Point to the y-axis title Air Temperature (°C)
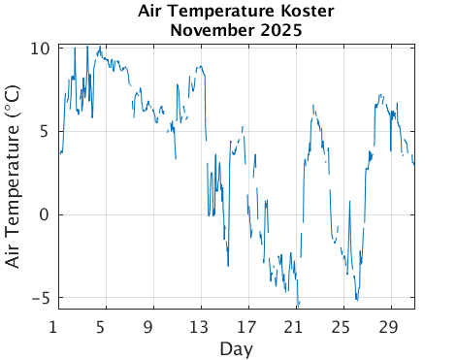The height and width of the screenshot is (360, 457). coord(14,178)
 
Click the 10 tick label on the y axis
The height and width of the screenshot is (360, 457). coord(40,49)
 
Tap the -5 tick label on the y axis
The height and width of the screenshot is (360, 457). coord(40,298)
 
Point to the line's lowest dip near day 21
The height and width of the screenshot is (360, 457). coord(298,305)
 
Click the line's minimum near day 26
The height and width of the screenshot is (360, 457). coord(357,300)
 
